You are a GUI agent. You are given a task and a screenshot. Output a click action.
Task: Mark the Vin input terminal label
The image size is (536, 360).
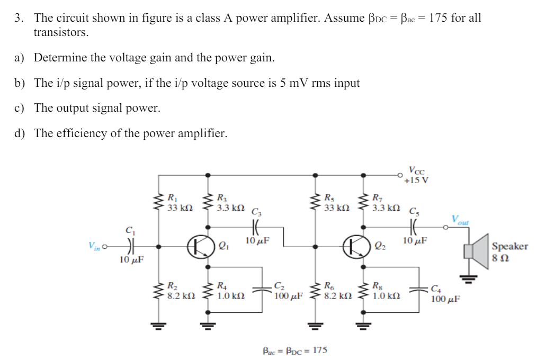(94, 246)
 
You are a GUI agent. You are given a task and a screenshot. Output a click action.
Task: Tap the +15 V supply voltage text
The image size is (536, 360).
(416, 180)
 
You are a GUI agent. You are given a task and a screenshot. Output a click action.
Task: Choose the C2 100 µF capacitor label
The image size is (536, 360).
(288, 292)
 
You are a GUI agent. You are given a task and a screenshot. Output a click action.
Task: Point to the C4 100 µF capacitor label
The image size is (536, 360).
(444, 294)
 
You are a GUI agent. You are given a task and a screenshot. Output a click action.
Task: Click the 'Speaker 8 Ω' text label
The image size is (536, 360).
(510, 251)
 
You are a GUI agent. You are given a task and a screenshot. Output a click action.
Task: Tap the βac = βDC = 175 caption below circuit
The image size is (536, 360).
(295, 350)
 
